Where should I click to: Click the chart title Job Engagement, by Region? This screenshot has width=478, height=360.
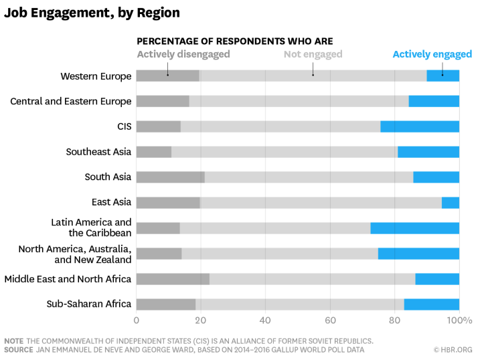(x=92, y=13)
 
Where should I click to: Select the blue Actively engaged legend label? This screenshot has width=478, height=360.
(x=432, y=54)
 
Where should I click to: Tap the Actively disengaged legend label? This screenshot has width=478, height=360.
(x=183, y=54)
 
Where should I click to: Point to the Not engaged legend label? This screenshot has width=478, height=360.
(x=313, y=54)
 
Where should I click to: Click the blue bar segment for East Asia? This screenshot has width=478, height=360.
(x=451, y=203)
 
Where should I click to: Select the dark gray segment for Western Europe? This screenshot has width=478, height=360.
(x=167, y=76)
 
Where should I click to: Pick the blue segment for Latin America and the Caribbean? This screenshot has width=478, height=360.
(x=414, y=228)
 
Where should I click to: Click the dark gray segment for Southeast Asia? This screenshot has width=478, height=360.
(x=153, y=152)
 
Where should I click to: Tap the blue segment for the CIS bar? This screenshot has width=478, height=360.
(x=420, y=126)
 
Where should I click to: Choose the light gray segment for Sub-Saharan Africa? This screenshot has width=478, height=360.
(x=299, y=304)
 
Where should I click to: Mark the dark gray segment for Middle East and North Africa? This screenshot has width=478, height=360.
(x=173, y=279)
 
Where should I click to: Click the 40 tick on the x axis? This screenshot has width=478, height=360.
(x=265, y=321)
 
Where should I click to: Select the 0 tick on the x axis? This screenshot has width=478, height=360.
(x=137, y=321)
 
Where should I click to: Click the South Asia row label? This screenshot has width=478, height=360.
(x=108, y=177)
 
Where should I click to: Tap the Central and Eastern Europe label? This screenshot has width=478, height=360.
(x=71, y=102)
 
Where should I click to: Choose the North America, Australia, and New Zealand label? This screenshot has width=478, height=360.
(x=74, y=254)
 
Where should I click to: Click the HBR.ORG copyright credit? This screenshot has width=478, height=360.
(x=453, y=349)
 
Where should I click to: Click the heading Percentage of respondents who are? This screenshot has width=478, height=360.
(x=234, y=41)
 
